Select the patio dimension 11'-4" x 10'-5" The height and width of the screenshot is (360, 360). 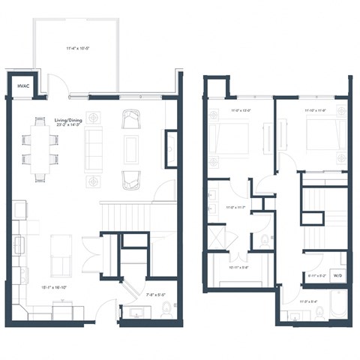tap(78, 49)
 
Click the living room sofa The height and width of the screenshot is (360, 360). tap(94, 146)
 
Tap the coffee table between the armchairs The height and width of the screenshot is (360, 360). tap(132, 148)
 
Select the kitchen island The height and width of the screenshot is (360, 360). tap(61, 255)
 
